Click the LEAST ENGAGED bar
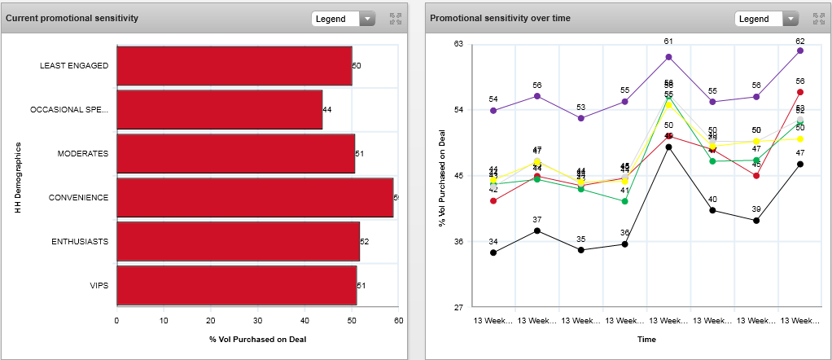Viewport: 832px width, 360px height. (x=234, y=66)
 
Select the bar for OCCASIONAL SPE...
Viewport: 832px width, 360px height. (x=220, y=110)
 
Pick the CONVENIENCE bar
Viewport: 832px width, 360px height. (x=255, y=198)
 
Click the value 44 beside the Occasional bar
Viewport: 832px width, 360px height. (x=327, y=110)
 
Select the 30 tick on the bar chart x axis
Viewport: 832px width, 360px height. (x=257, y=321)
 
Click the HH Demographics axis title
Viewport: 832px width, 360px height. (x=17, y=177)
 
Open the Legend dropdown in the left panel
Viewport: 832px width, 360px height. (x=343, y=19)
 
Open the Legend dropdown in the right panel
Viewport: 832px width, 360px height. (x=766, y=19)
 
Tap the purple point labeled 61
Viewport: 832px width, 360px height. (x=668, y=57)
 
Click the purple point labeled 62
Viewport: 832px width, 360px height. (x=800, y=50)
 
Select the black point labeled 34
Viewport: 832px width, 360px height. (x=493, y=252)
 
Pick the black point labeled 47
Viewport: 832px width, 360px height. (x=800, y=164)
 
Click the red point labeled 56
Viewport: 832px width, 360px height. (x=800, y=92)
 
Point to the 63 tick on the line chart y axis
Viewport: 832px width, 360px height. (x=458, y=44)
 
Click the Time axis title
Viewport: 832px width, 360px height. (x=646, y=339)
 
